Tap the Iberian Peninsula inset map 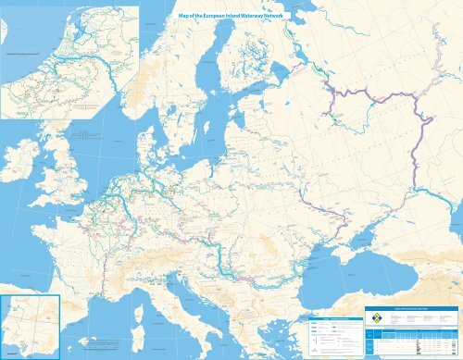[x=30, y=325]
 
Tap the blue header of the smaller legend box [x=330, y=313]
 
